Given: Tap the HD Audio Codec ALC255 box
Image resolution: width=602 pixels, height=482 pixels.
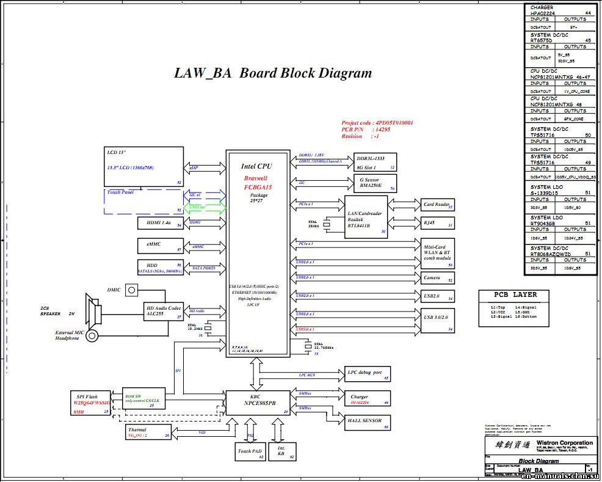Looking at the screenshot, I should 164,311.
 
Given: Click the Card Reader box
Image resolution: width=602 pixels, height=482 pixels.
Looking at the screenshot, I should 437,205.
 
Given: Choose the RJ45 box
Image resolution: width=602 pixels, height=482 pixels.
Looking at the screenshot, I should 437,224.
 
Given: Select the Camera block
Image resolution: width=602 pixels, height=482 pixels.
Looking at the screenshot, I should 437,278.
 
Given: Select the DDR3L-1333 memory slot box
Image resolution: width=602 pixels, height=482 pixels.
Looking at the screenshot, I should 375,162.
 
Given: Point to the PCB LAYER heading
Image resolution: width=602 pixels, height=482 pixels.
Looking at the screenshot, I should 516,294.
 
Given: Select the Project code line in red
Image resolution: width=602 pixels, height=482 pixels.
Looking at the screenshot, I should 377,123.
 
